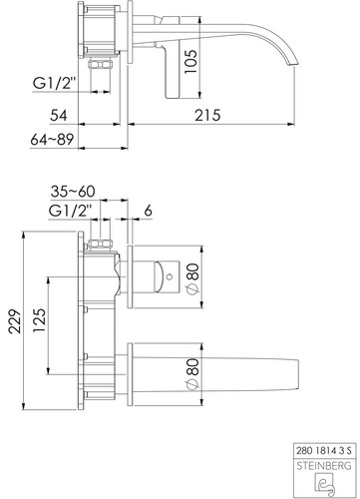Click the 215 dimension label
pyautogui.click(x=207, y=115)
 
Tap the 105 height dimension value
pyautogui.click(x=190, y=62)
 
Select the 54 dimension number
pyautogui.click(x=59, y=115)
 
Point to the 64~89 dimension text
pyautogui.click(x=52, y=140)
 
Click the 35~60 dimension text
pyautogui.click(x=73, y=192)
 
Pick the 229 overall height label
pyautogui.click(x=15, y=321)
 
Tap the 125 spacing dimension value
pyautogui.click(x=39, y=320)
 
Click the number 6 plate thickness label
pyautogui.click(x=149, y=211)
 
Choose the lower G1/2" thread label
pyautogui.click(x=70, y=211)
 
